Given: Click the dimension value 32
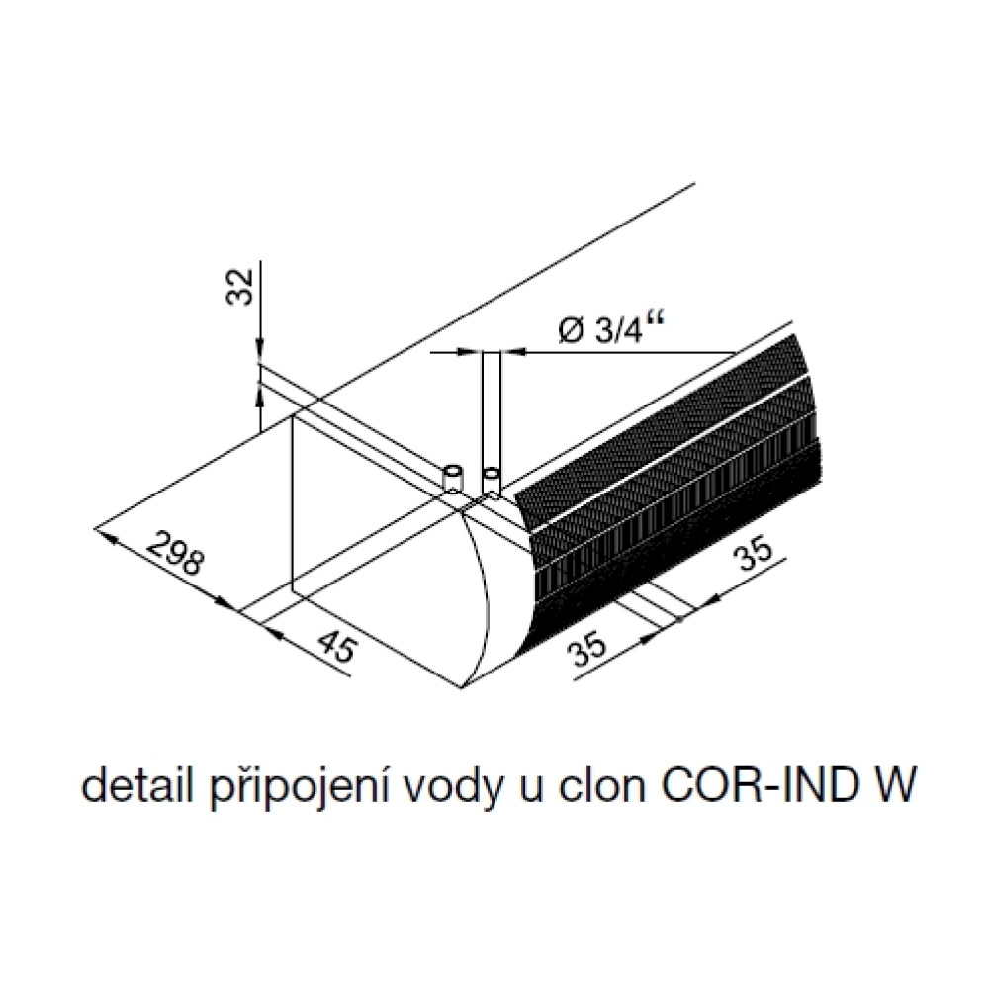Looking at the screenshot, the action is pos(239,287).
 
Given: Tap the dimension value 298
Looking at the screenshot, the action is pos(176,553).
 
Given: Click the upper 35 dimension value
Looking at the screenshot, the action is pos(755,551).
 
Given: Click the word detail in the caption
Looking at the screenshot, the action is pos(136,785).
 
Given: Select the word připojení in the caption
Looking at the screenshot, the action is pos(299,788).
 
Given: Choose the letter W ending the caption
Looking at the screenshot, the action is pos(889,786).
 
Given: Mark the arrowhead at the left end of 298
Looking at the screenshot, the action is pos(105,534).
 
